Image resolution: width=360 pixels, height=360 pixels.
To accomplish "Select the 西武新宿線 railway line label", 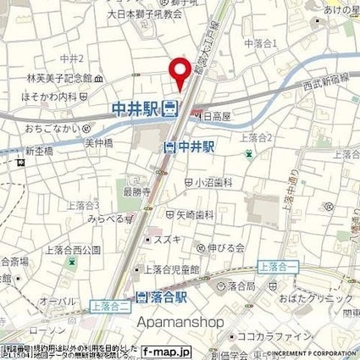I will (324, 86).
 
